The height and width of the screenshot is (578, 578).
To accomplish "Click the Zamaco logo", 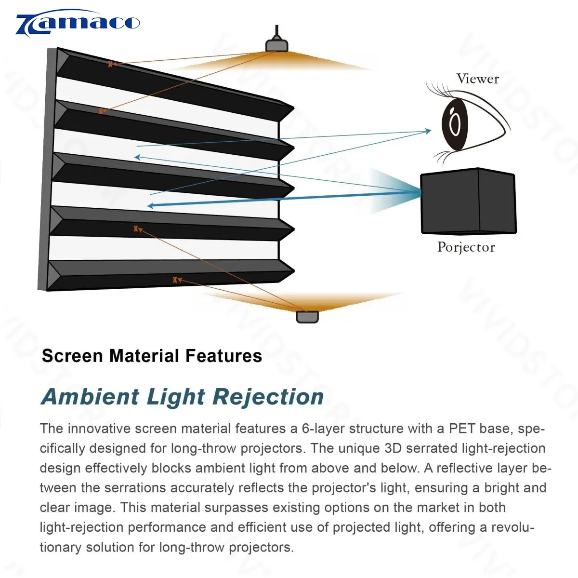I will (77, 24).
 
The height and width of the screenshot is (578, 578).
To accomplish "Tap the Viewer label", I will (477, 79).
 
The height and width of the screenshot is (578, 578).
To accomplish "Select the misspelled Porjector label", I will (466, 247).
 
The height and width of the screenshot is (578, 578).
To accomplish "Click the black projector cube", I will (468, 201).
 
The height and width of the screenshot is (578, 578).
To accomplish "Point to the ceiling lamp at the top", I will (277, 45).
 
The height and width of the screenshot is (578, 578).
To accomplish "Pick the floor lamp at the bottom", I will (307, 317).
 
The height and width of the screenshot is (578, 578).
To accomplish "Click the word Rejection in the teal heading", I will (268, 397).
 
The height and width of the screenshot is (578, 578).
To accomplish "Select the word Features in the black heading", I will (223, 356).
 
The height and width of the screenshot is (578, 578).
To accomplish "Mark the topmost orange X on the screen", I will (110, 64).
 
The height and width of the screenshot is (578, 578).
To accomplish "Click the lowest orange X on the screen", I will (175, 280).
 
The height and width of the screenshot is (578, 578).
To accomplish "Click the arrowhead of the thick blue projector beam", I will (150, 206).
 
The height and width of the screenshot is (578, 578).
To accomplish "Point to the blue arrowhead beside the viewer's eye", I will (428, 131).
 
